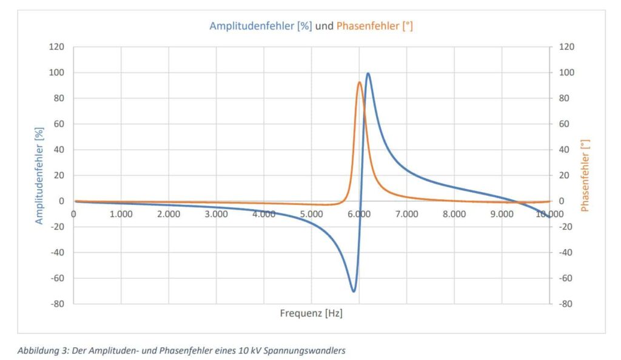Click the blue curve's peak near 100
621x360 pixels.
pos(368,74)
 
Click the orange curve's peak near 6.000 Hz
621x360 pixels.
pos(360,82)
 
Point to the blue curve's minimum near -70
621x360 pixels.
pos(354,291)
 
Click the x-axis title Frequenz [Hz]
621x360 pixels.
pos(311,313)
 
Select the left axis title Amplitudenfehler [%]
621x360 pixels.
pos(39,175)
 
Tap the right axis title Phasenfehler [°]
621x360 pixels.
pos(585,175)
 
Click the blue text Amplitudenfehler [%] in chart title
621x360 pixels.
pos(261,26)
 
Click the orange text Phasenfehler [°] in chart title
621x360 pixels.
pos(375,26)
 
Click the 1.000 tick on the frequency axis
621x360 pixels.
pos(121,213)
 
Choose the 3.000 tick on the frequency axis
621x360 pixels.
pos(216,213)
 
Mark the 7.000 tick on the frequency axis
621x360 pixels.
pos(406,213)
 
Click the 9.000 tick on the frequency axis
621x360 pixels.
pos(502,213)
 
